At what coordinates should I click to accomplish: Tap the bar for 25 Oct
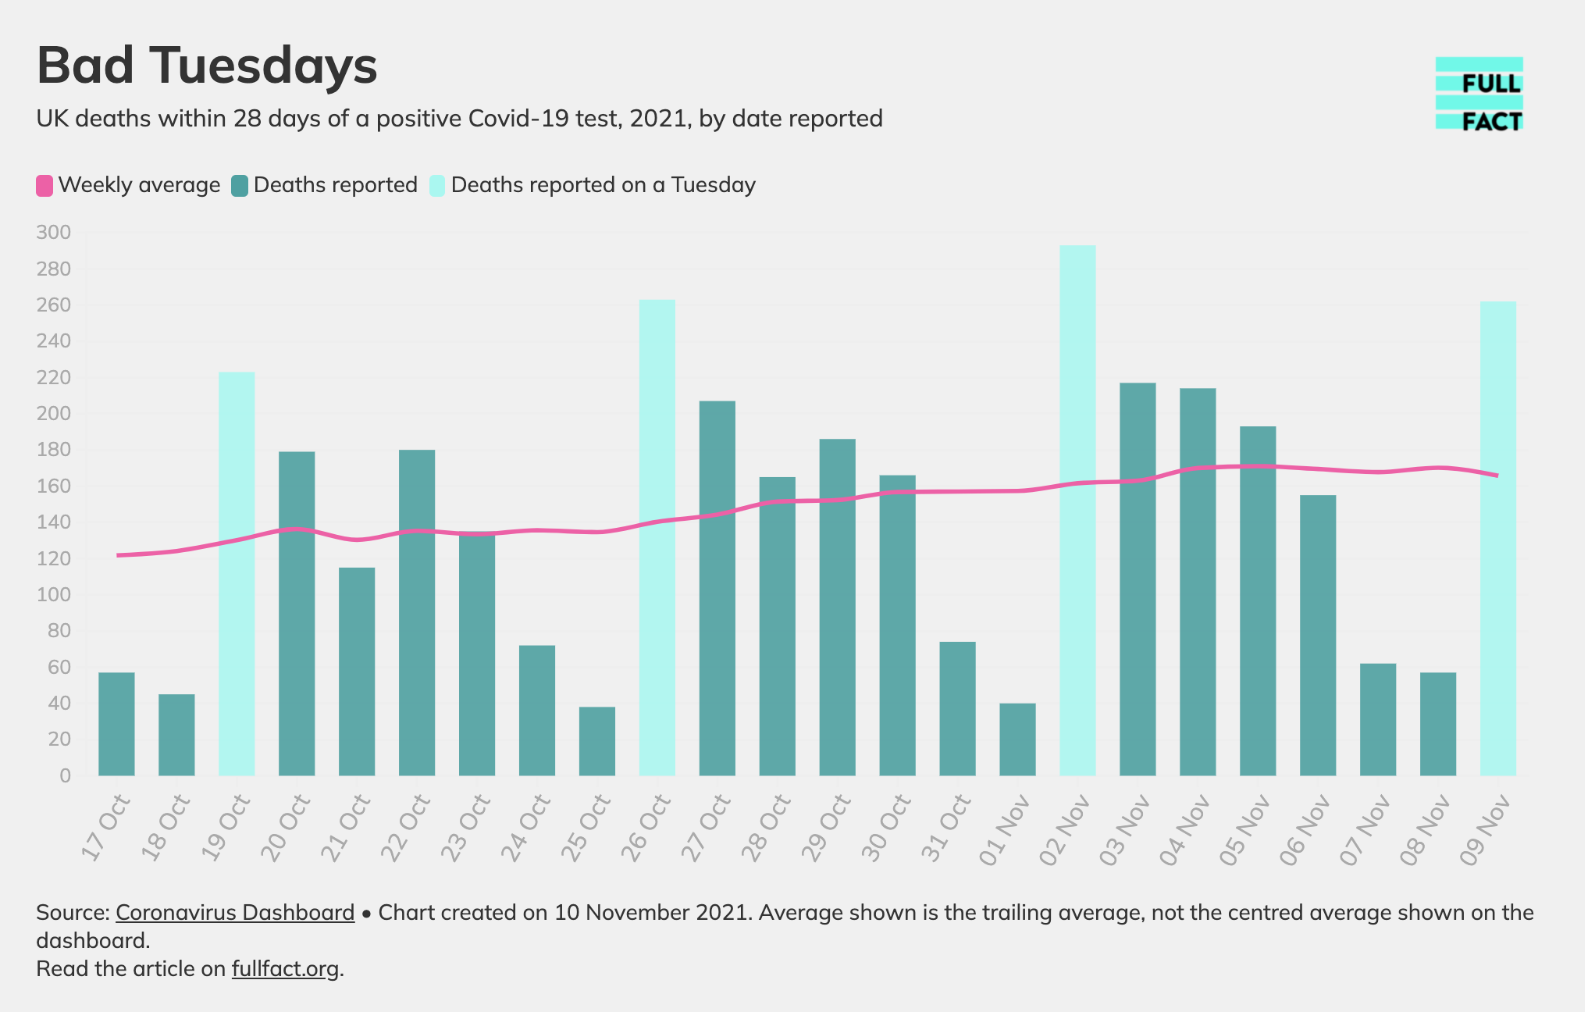597,741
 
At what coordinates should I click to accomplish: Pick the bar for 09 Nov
1498,539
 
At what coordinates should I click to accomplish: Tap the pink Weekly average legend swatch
45,186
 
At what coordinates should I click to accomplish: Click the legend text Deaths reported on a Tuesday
603,185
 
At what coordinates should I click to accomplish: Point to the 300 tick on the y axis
53,233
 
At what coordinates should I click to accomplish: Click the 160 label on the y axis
53,486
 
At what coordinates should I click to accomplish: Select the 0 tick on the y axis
65,776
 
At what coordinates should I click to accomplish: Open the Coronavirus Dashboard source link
235,913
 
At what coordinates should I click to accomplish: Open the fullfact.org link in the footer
285,969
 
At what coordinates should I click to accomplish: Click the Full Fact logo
1479,94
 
